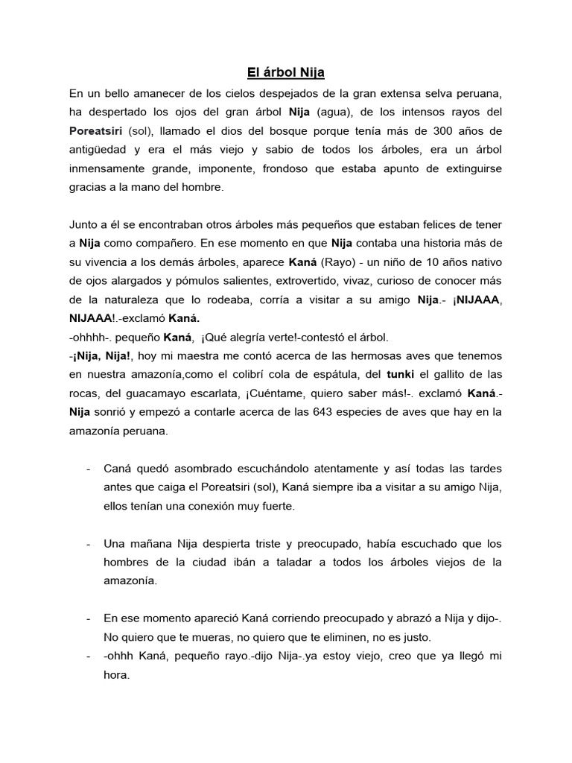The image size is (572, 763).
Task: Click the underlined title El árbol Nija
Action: [286, 73]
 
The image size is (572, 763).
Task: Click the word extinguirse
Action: [468, 169]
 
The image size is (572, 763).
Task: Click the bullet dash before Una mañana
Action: [89, 544]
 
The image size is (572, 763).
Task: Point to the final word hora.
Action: [117, 676]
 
